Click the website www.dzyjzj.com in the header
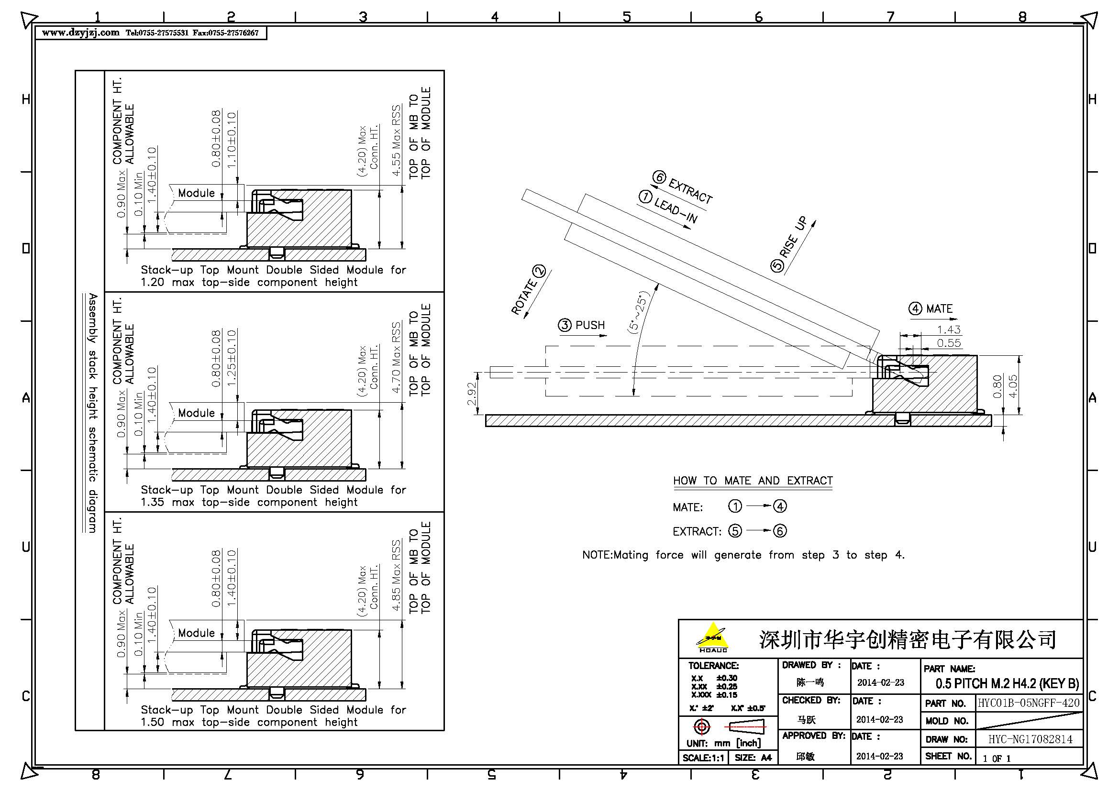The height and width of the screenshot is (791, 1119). click(x=80, y=33)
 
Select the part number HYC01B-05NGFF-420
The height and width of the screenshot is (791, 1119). click(x=1029, y=703)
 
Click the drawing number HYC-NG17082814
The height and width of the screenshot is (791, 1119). click(x=1030, y=739)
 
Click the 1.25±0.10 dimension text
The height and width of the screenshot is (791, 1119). click(x=232, y=358)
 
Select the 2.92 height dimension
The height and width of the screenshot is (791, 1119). click(x=471, y=394)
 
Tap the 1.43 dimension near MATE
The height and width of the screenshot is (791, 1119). click(x=948, y=330)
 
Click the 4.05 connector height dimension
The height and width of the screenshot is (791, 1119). click(x=1013, y=386)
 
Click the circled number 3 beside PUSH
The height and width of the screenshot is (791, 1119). click(x=565, y=325)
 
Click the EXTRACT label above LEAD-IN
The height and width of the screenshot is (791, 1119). click(x=690, y=190)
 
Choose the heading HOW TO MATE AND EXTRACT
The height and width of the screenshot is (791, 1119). click(x=753, y=481)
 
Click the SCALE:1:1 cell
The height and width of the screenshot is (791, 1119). click(x=703, y=758)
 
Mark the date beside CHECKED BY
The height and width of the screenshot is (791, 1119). click(x=880, y=719)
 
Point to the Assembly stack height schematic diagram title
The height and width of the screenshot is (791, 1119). click(x=92, y=413)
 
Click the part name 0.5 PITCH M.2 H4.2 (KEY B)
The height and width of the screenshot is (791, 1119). click(x=1007, y=683)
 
